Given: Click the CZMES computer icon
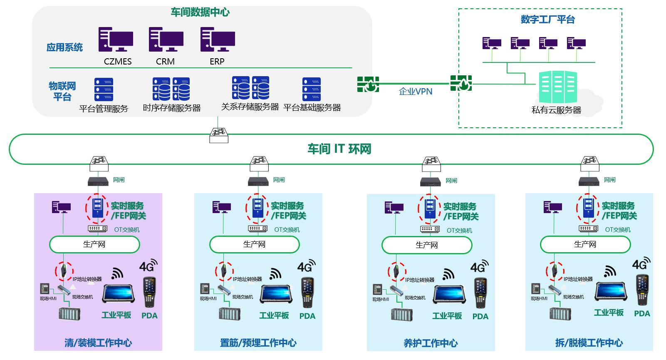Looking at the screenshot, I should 116,40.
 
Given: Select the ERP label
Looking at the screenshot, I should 217,62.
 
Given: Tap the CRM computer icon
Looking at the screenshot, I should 166,40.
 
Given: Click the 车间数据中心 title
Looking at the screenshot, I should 200,12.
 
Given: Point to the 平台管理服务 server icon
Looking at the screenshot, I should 104,89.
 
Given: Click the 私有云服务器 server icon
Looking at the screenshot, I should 557,87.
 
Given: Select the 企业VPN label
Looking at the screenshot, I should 416,92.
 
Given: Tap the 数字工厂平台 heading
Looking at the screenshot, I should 547,20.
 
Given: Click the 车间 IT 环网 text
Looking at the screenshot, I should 339,149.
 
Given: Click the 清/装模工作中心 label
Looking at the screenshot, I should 98,343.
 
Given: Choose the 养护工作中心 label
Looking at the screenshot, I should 431,343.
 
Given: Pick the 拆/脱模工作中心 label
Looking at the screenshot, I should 589,343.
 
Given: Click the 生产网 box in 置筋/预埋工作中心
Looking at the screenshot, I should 254,245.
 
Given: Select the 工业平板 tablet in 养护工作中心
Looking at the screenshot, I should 448,294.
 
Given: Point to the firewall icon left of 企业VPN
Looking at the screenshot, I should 368,84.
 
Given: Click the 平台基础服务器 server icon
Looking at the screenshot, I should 312,89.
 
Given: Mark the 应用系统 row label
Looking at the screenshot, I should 64,47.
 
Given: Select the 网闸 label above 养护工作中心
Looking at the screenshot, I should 451,181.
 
